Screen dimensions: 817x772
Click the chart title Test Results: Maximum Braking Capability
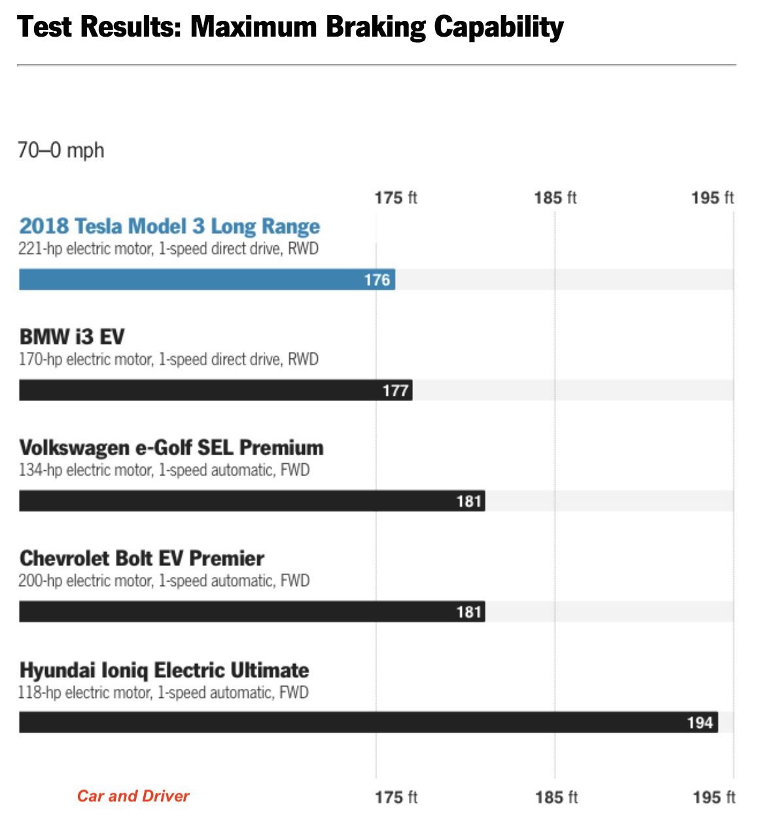pyautogui.click(x=290, y=27)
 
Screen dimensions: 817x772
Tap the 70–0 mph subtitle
pyautogui.click(x=61, y=150)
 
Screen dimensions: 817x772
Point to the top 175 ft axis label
pyautogui.click(x=395, y=198)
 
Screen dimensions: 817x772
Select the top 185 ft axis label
pyautogui.click(x=555, y=198)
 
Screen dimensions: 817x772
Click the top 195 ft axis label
pyautogui.click(x=712, y=198)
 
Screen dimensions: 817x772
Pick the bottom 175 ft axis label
pyautogui.click(x=395, y=797)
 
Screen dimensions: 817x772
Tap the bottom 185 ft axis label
pyautogui.click(x=555, y=797)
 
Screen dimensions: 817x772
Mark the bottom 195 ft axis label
pyautogui.click(x=713, y=797)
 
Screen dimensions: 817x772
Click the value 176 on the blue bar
pyautogui.click(x=377, y=280)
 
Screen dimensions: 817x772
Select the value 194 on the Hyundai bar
pyautogui.click(x=699, y=723)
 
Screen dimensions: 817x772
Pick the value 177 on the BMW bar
pyautogui.click(x=395, y=391)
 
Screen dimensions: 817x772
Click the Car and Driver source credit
pyautogui.click(x=133, y=796)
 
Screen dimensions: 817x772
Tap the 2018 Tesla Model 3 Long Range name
pyautogui.click(x=169, y=226)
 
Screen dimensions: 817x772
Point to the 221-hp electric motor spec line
pyautogui.click(x=168, y=249)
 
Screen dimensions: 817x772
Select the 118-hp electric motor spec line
pyautogui.click(x=163, y=693)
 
